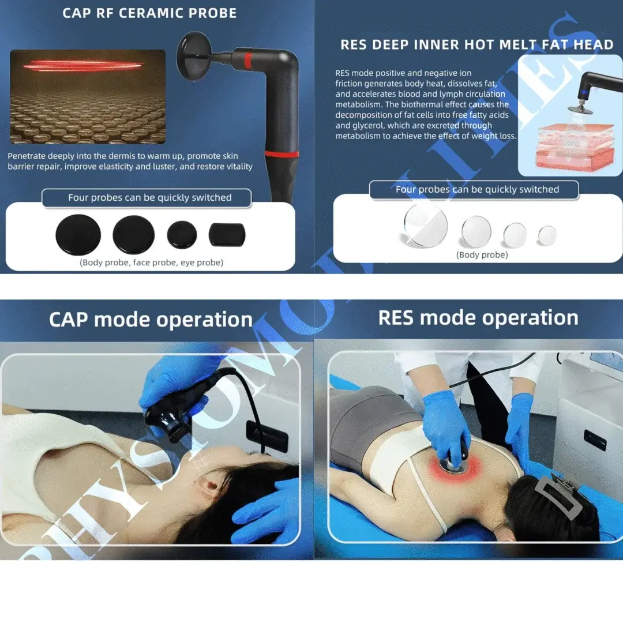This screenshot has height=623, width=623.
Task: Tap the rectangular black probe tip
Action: pos(227,234)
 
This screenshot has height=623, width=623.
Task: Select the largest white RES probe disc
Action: pos(426,225)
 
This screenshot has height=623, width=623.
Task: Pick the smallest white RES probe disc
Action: pos(547,235)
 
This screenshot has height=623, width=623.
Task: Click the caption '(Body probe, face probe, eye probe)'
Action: pos(151,262)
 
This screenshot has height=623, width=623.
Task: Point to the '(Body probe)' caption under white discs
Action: pos(482,255)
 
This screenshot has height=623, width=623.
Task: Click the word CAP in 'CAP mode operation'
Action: pos(69,320)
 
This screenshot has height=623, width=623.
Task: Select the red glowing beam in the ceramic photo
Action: pos(82,66)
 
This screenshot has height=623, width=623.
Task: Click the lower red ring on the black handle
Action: pos(282,154)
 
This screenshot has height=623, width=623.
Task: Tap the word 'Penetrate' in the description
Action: pos(27,156)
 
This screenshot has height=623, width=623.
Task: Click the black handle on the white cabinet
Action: pos(595,440)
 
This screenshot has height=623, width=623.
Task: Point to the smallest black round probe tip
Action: pos(182,234)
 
